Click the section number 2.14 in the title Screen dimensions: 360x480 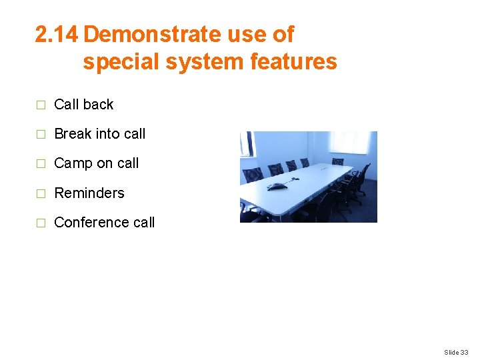(57, 34)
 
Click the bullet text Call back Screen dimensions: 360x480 (83, 105)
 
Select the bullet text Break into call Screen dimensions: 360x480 (99, 134)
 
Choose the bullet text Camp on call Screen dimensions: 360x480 (96, 163)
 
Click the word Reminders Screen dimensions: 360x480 (89, 193)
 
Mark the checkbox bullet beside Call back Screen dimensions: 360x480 (41, 105)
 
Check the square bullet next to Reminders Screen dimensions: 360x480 (41, 194)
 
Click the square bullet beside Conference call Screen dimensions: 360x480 (41, 223)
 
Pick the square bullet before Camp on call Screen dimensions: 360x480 (41, 164)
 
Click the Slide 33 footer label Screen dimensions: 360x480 (456, 352)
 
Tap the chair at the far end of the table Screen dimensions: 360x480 (338, 161)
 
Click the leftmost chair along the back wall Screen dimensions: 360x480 (253, 175)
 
